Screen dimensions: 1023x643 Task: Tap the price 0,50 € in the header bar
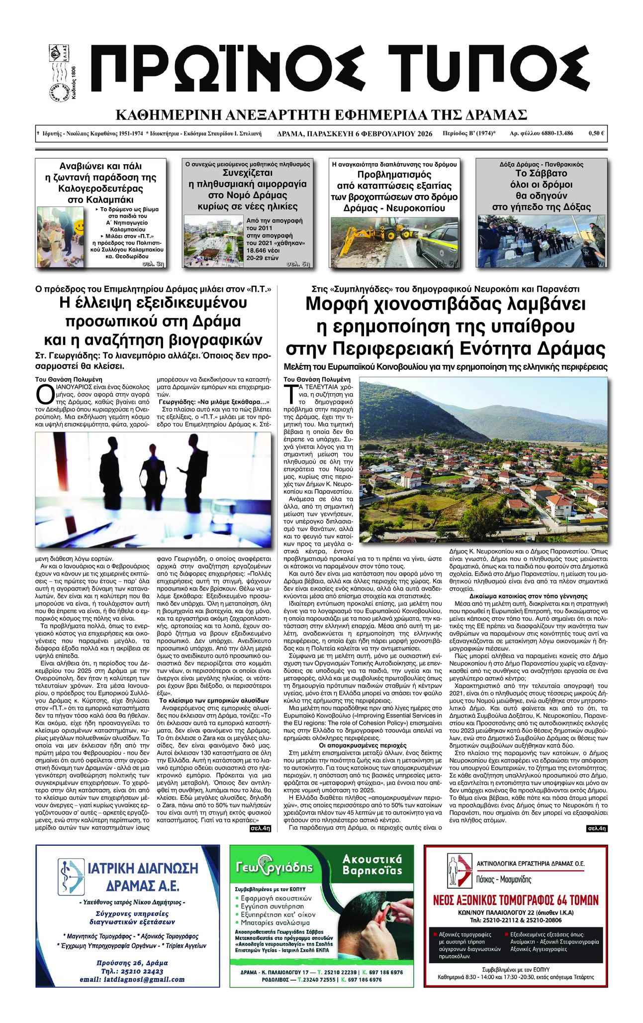[x=596, y=133]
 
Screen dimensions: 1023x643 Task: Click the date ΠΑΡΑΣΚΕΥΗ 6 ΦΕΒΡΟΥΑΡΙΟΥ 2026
[x=368, y=133]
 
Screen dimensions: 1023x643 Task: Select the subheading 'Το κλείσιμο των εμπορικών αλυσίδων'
[x=214, y=700]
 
